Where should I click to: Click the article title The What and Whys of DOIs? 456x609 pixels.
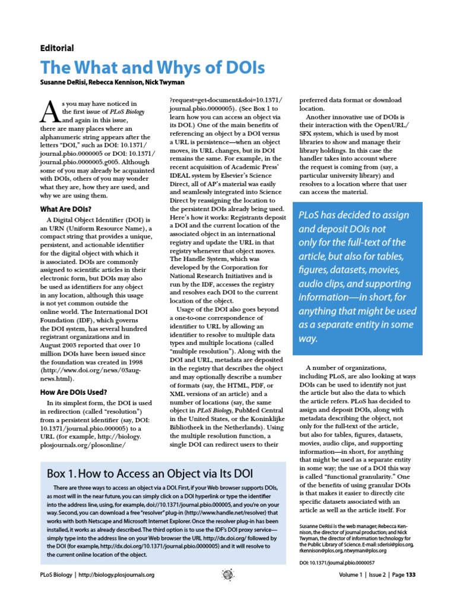tap(152, 67)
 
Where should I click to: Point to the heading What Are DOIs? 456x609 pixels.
tap(66, 209)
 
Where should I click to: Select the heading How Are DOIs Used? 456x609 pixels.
tap(74, 392)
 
